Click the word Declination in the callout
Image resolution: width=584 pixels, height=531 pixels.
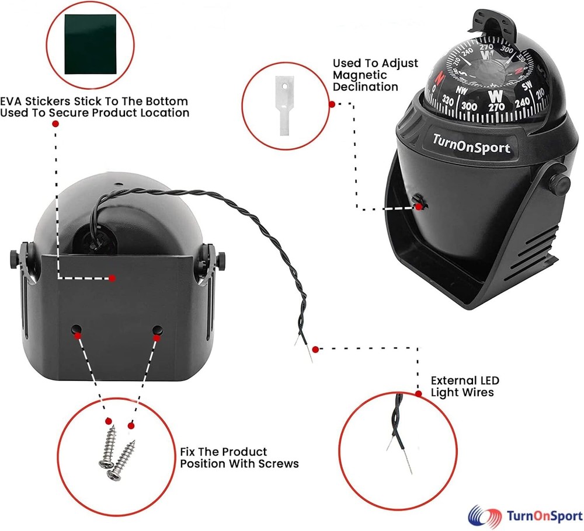click(x=365, y=86)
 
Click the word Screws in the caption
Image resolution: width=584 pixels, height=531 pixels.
click(x=278, y=464)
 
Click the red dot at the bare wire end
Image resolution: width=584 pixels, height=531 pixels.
click(x=315, y=350)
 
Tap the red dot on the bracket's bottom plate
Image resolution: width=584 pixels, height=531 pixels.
click(x=112, y=278)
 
